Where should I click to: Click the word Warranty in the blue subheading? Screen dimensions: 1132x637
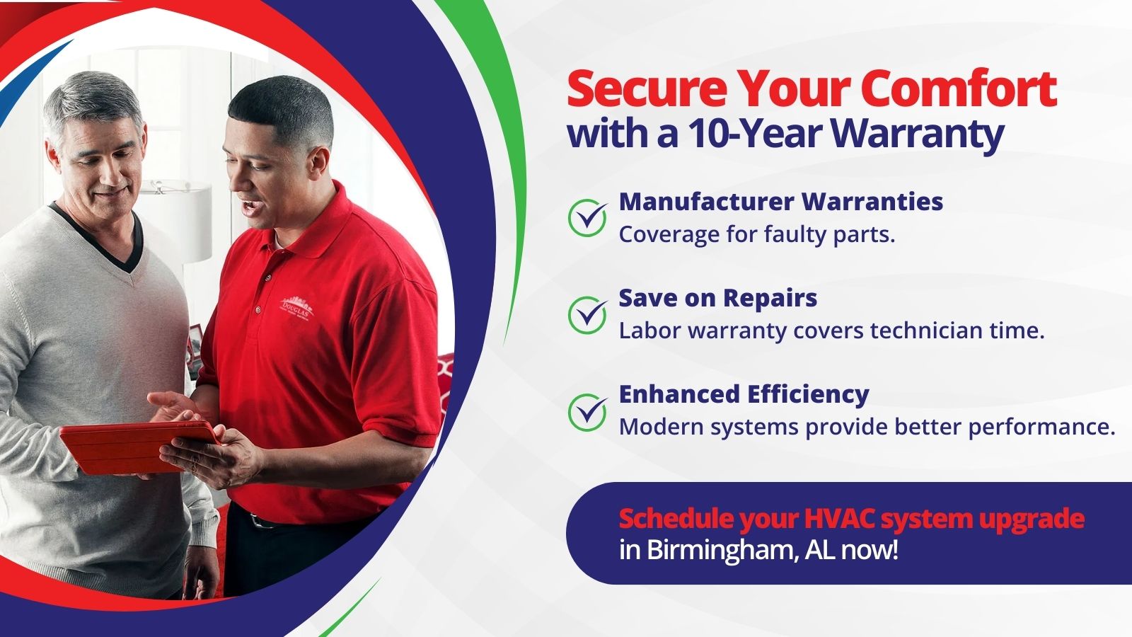(917, 135)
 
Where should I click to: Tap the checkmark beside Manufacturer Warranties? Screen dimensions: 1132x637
(587, 218)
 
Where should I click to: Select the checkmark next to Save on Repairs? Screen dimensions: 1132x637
(587, 315)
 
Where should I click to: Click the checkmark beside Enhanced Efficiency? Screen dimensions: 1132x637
(587, 412)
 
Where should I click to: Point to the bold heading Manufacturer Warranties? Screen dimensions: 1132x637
(781, 201)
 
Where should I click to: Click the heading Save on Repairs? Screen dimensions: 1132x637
(717, 298)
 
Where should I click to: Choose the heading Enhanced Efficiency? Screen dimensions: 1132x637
(744, 395)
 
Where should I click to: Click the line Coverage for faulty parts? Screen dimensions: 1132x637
(756, 234)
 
